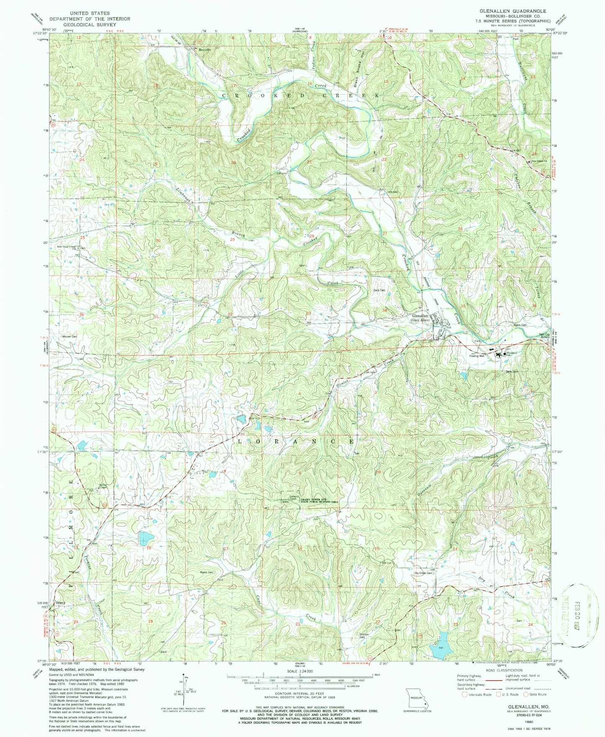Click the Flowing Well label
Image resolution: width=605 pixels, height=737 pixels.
(476, 356)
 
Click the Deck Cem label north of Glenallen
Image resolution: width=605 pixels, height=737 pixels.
(379, 290)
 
